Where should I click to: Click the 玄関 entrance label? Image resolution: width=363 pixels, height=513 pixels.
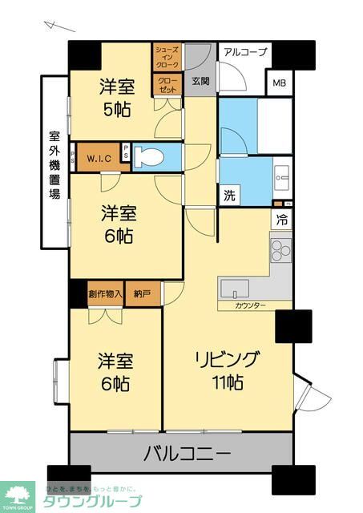200,80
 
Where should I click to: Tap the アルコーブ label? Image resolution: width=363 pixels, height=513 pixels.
245,53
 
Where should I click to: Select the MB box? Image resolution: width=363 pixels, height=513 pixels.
280,83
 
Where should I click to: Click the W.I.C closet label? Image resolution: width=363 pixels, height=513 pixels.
99,156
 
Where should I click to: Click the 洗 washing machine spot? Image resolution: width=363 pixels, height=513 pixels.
229,195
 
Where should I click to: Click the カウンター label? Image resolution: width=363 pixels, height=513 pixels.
250,305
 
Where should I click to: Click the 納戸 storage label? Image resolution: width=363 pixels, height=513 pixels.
142,294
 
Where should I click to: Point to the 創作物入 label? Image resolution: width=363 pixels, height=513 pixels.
104,294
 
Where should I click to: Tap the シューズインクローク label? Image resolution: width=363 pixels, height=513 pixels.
167,57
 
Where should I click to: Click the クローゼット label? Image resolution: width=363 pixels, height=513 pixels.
167,85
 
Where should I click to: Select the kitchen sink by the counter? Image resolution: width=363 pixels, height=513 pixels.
233,288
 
